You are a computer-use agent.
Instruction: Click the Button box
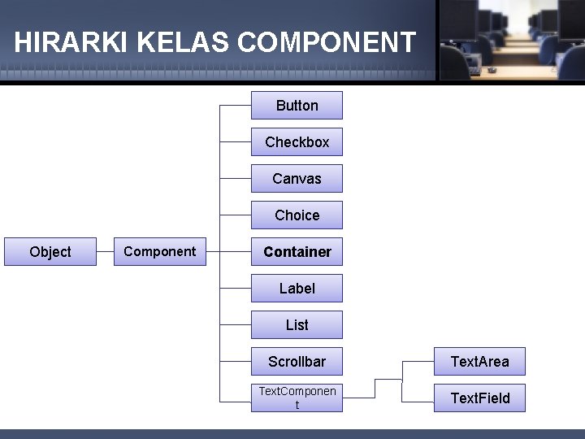point(297,106)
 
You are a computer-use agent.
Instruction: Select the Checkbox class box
point(297,142)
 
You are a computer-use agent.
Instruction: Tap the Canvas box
point(297,179)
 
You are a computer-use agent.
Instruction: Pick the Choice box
point(297,215)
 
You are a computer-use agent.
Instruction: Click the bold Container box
point(297,252)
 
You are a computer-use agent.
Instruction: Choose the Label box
point(297,289)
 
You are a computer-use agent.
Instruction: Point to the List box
point(297,325)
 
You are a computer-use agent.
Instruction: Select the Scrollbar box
point(297,362)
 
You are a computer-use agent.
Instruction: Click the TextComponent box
point(297,398)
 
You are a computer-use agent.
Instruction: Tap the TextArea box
point(479,362)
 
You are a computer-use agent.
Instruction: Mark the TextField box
point(479,398)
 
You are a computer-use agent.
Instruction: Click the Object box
point(50,252)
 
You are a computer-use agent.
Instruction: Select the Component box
point(160,252)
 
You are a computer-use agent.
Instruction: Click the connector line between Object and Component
point(105,252)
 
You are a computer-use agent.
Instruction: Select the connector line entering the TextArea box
point(418,362)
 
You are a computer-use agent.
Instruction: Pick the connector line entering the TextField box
point(418,398)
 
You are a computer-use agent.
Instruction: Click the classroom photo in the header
point(511,40)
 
